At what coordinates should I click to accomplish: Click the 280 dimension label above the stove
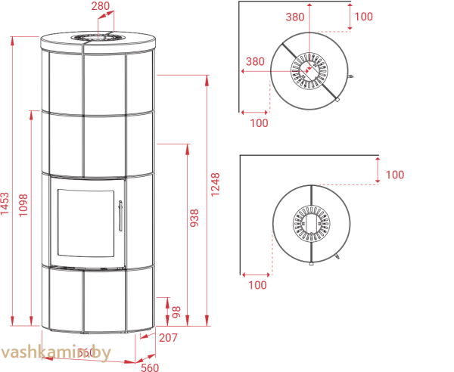point(101,6)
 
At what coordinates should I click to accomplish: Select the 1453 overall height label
point(6,203)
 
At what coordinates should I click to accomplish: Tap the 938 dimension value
point(194,219)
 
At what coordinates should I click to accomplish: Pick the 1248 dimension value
point(216,185)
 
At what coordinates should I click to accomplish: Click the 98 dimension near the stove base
point(176,311)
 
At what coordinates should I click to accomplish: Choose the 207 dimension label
point(168,338)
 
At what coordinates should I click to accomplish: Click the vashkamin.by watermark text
point(56,353)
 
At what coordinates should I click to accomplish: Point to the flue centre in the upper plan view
point(309,71)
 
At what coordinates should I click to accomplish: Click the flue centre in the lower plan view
point(311,223)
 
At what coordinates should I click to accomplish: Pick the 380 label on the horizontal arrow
point(255,62)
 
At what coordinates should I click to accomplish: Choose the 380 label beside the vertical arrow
point(296,17)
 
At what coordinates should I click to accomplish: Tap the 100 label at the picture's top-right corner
point(363,17)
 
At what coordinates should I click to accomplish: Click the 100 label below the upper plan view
point(259,122)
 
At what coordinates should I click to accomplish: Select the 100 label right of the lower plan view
point(394,175)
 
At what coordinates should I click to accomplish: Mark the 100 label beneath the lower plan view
point(257,285)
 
